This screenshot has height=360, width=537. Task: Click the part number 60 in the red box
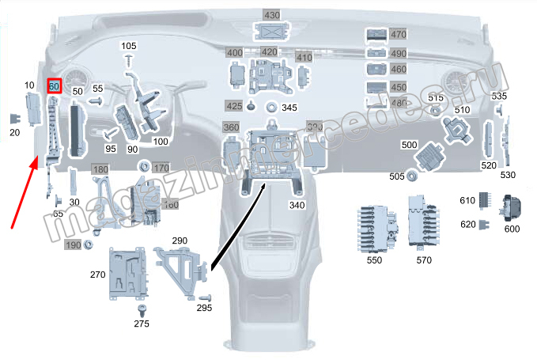[55, 85]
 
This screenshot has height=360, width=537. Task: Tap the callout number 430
[272, 15]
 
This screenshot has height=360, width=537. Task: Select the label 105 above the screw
[129, 46]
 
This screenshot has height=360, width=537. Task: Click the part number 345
[289, 107]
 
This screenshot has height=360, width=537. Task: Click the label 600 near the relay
[512, 229]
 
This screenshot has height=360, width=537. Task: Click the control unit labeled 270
[127, 273]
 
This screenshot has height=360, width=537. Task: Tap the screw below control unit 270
[143, 308]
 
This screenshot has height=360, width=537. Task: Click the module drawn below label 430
[271, 32]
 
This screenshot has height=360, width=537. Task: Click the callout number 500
[409, 145]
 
